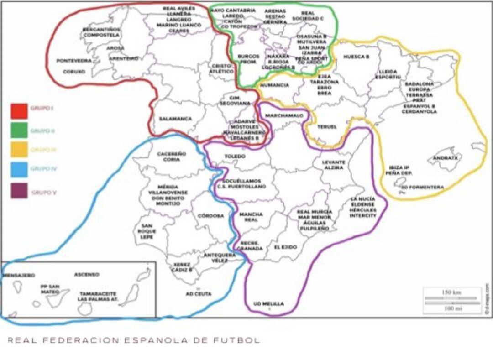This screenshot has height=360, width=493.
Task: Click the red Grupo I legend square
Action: click(x=19, y=111)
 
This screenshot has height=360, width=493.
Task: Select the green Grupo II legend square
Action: click(x=19, y=130)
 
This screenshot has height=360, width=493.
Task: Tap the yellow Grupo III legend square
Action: click(x=19, y=150)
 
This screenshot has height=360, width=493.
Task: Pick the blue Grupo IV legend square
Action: click(x=19, y=169)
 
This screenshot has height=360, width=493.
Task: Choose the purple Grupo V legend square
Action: click(x=19, y=191)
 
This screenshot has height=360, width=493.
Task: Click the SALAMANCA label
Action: click(x=175, y=119)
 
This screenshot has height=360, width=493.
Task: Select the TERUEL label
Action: click(x=326, y=126)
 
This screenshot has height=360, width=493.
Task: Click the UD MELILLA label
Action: click(x=268, y=304)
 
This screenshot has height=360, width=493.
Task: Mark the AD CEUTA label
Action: click(x=199, y=294)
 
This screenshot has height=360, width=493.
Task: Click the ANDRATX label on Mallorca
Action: click(x=446, y=157)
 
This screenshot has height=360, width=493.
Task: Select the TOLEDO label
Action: click(x=235, y=157)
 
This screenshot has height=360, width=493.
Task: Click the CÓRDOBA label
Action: click(x=211, y=215)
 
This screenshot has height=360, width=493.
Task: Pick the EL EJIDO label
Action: click(x=285, y=247)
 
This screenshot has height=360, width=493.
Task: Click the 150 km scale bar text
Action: click(x=452, y=292)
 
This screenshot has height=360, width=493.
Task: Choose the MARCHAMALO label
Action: click(x=284, y=115)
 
